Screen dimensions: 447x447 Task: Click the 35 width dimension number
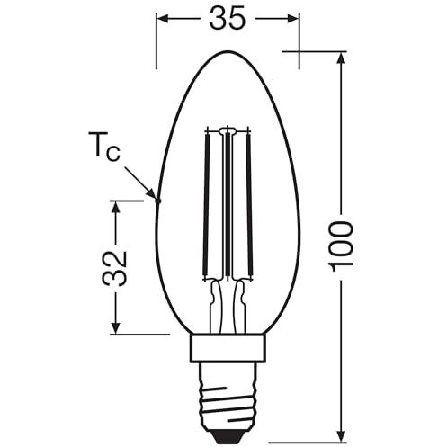228,18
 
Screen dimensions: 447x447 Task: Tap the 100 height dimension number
340,244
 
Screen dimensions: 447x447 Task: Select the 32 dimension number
114,268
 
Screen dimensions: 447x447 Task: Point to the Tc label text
104,147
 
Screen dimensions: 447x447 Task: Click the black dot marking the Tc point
158,201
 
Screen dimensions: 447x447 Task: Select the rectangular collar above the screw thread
228,349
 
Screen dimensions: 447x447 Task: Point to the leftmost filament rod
207,205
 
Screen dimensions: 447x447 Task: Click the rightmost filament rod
249,205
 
